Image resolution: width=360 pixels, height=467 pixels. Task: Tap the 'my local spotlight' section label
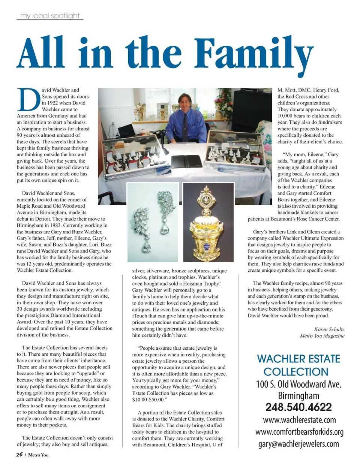click(x=50, y=16)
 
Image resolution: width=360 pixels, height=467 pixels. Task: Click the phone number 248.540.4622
click(x=298, y=407)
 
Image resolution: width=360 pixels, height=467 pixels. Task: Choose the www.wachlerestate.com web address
click(x=299, y=420)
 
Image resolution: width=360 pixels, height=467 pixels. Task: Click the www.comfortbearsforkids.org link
click(x=299, y=432)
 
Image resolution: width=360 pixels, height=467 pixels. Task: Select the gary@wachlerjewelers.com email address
click(x=298, y=444)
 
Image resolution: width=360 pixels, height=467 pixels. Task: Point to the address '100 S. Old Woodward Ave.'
click(x=298, y=384)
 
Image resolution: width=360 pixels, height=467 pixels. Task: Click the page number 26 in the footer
click(x=19, y=455)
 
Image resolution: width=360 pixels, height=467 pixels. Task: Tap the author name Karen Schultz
click(x=329, y=329)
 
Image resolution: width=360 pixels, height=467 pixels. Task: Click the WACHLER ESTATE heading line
click(x=298, y=359)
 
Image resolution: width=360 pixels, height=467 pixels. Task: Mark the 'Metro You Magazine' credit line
click(x=322, y=336)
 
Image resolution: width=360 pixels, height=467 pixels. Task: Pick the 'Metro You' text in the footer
click(x=38, y=455)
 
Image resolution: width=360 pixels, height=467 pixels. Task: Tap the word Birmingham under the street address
click(x=298, y=396)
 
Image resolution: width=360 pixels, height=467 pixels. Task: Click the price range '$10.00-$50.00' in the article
click(x=148, y=400)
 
